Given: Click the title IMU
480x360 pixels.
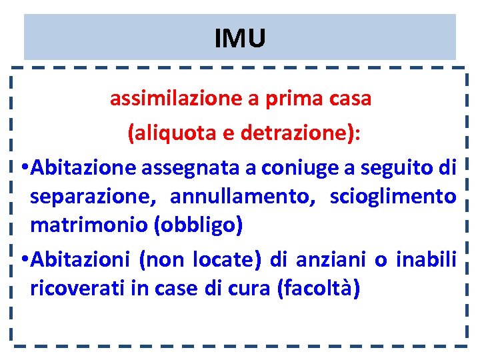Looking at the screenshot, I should [x=240, y=39].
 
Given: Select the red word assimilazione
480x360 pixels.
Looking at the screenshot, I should [x=175, y=99].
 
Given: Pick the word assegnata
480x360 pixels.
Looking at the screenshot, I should [x=193, y=167].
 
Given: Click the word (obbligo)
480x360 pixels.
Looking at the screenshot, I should [x=198, y=225].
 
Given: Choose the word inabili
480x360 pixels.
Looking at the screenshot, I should [x=425, y=259].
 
